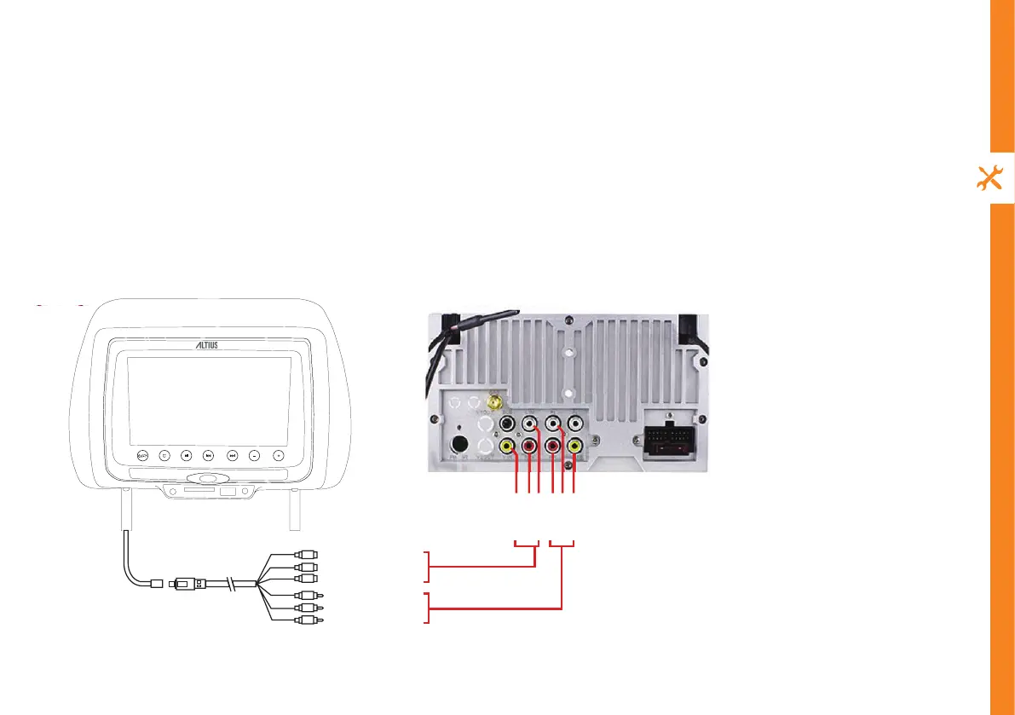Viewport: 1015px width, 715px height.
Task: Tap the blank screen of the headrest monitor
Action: tap(209, 399)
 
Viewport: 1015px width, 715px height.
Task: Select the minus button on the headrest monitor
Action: tap(254, 455)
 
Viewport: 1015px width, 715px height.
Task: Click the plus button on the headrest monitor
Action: tap(278, 455)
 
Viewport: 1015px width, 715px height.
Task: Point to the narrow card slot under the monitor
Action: tap(193, 492)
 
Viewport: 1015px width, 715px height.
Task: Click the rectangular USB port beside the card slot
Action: tap(228, 492)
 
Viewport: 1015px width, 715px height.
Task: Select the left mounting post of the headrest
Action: tap(126, 510)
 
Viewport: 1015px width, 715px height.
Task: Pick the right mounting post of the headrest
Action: tap(294, 510)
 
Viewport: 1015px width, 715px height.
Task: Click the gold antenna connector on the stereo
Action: tap(493, 401)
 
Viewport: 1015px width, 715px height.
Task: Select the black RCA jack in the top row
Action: tap(508, 422)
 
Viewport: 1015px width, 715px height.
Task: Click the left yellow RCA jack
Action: tap(508, 445)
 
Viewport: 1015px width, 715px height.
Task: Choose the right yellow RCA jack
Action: tap(575, 445)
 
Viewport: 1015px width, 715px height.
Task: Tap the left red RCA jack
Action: tap(530, 445)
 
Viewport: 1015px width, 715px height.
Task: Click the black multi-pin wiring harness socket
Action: tap(667, 445)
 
